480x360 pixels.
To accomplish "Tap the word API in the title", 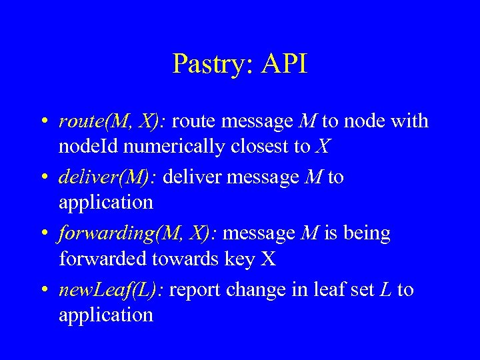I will (285, 64).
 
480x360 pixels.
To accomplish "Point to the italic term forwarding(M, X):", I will (138, 234).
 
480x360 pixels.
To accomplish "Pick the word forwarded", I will (103, 258).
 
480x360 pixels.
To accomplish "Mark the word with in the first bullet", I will (409, 121).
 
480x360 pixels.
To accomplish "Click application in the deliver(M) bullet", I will (106, 203).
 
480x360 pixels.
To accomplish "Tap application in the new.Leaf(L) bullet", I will (106, 315).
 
